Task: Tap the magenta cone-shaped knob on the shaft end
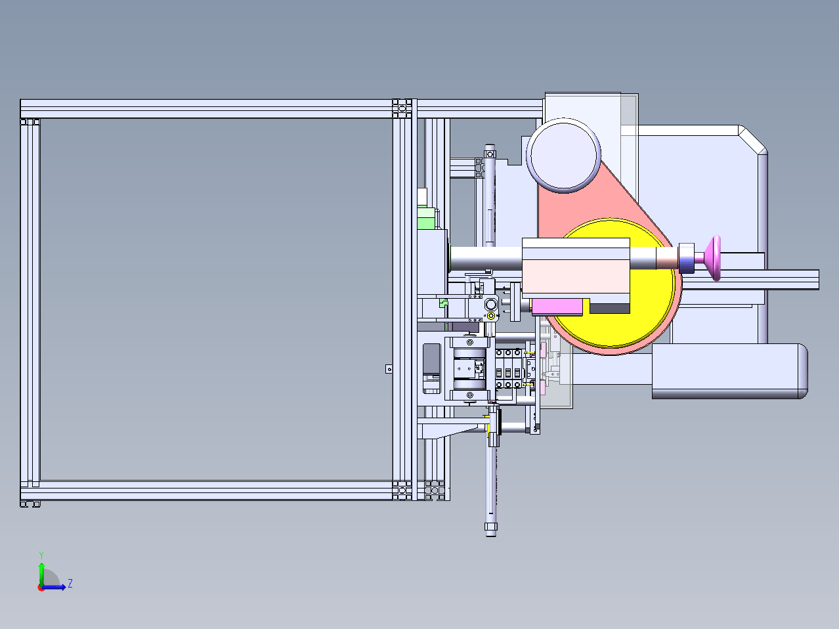713,258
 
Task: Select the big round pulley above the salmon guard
563,155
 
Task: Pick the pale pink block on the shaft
576,271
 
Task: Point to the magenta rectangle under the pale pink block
557,307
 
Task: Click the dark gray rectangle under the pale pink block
610,308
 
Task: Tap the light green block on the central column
427,218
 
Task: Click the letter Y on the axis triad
41,555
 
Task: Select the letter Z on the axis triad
70,584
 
